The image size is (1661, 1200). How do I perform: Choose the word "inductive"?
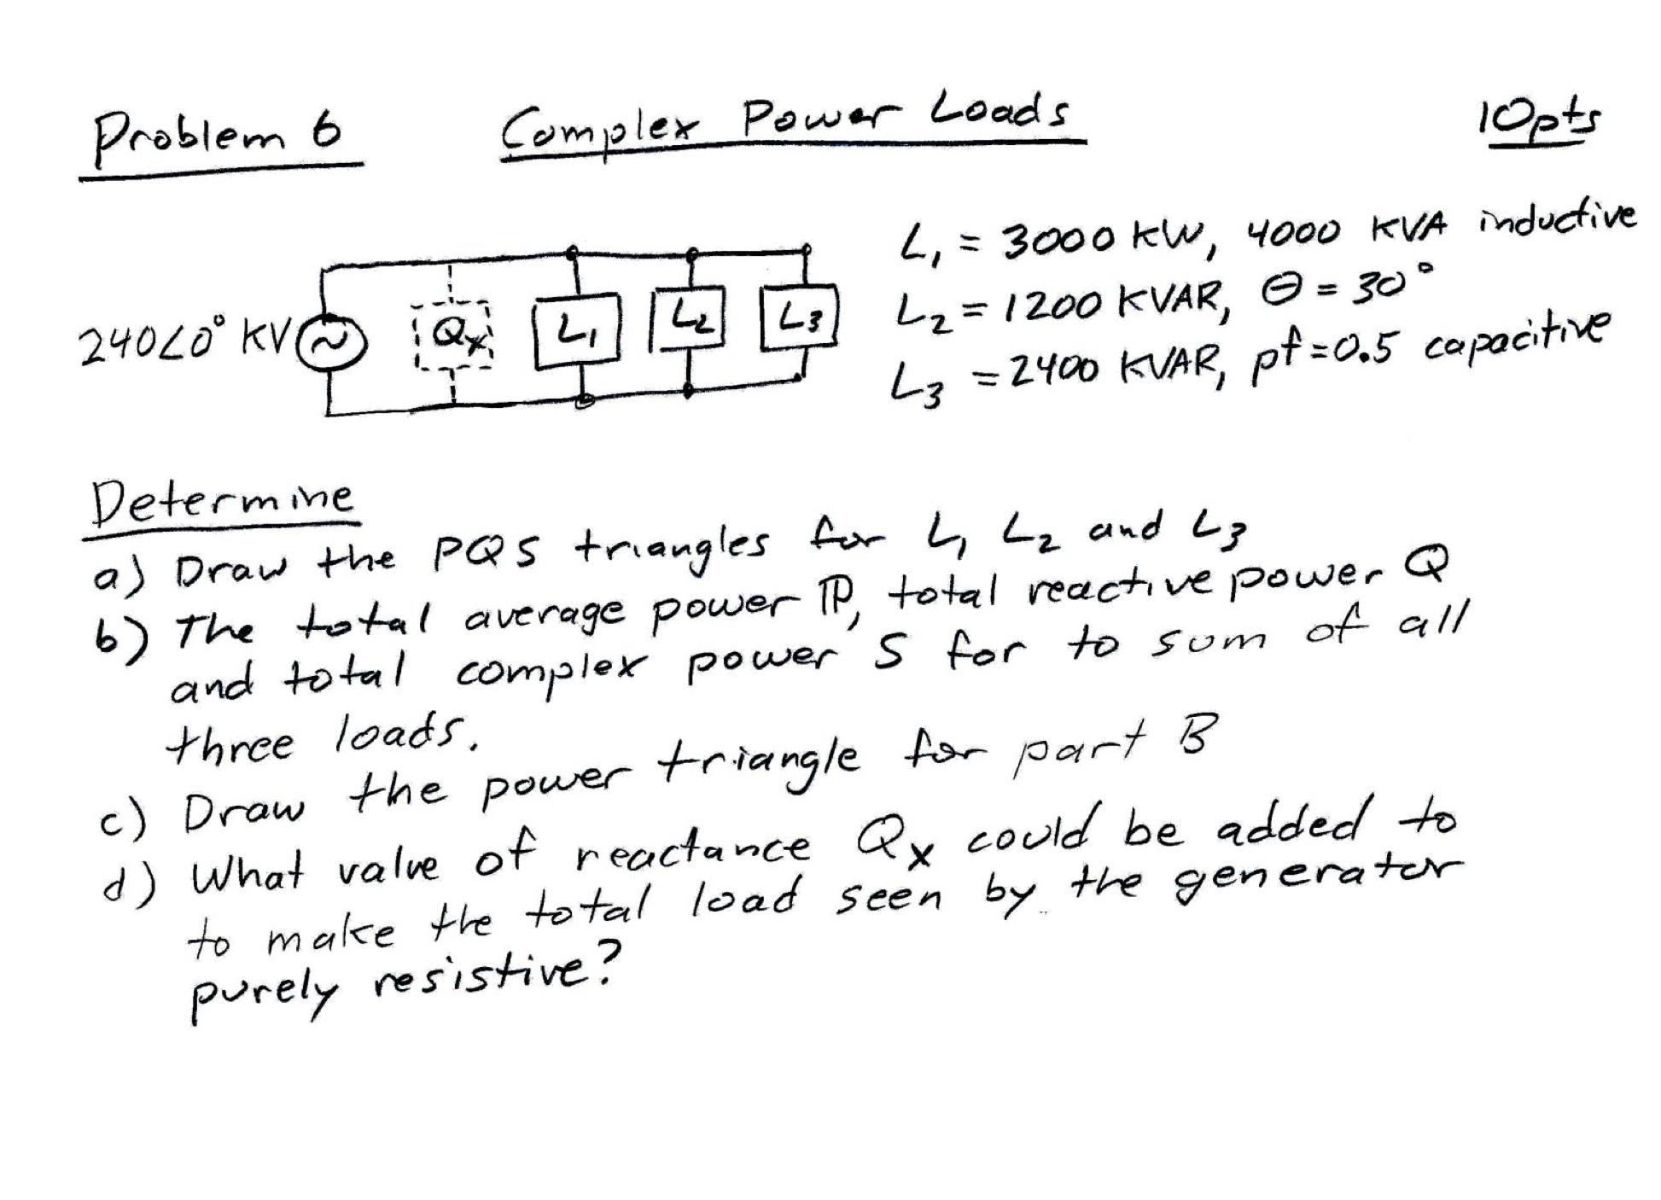pyautogui.click(x=1555, y=218)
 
